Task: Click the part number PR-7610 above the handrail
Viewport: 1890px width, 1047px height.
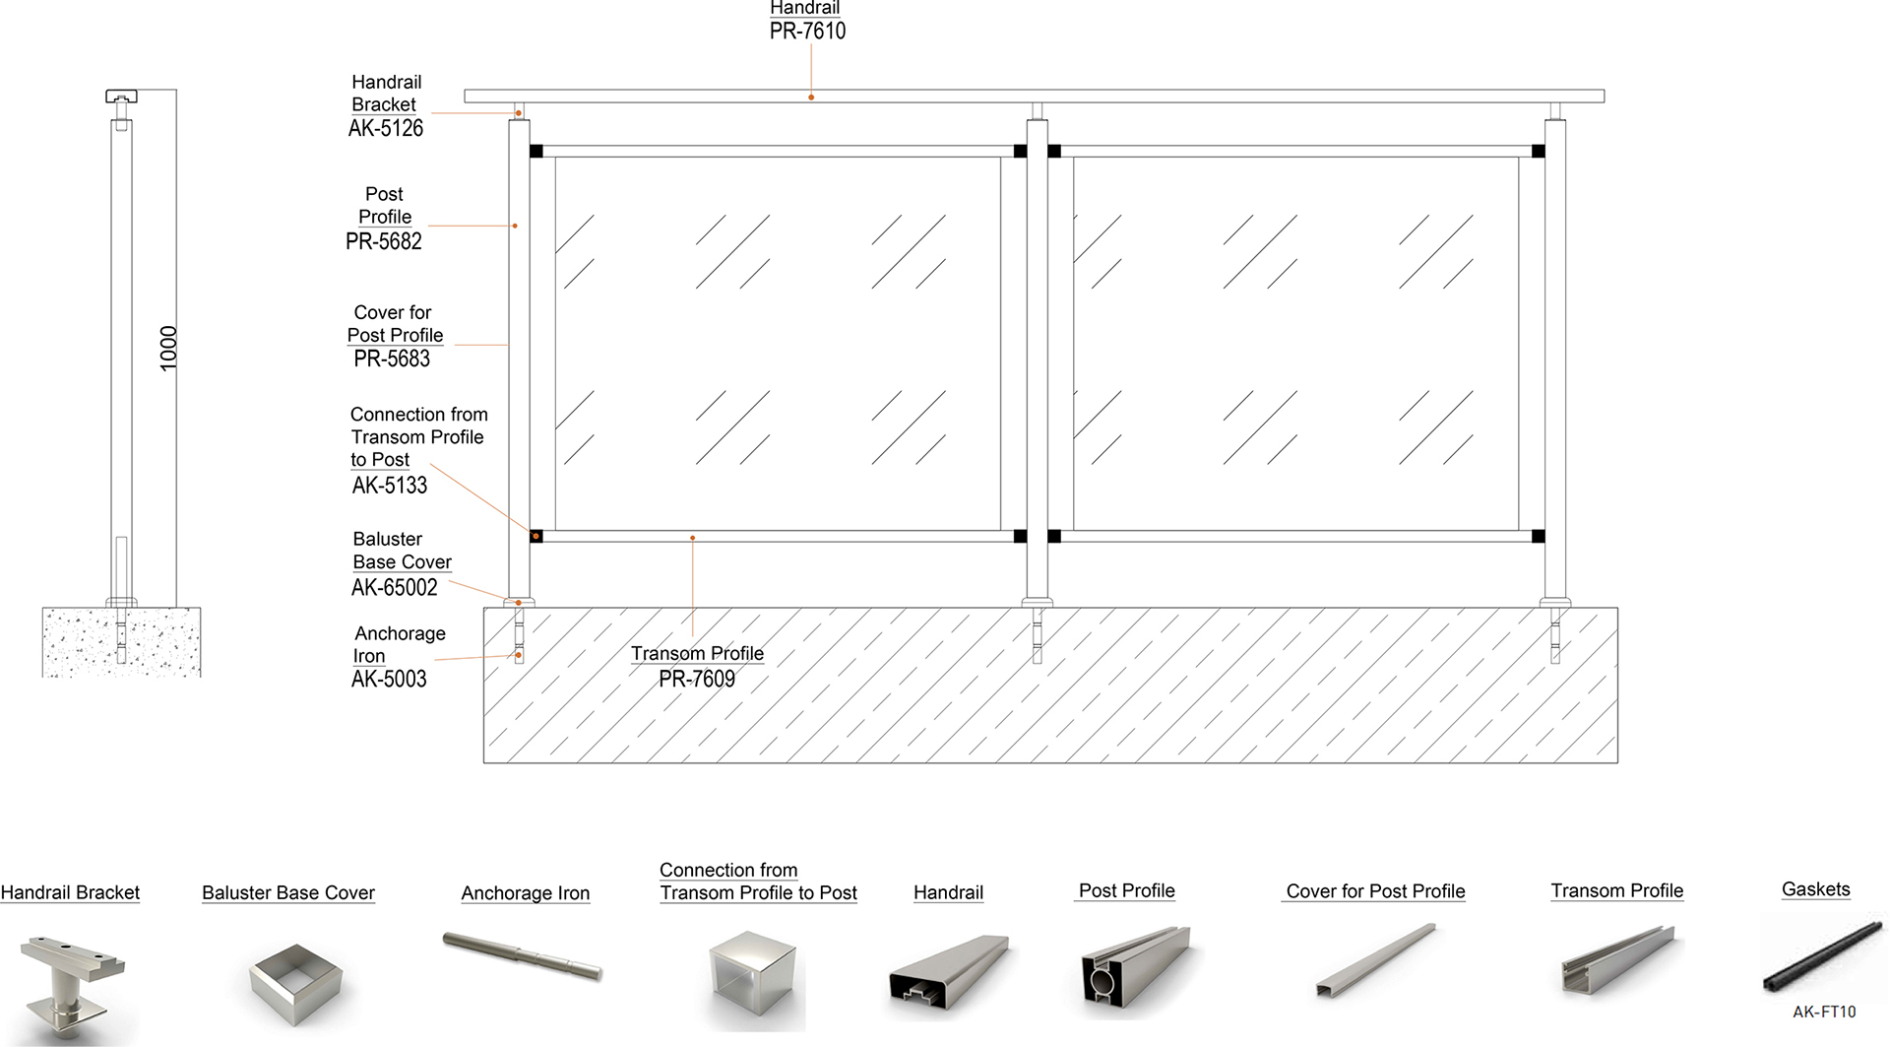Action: coord(807,32)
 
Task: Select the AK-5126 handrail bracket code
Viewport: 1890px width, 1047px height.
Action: coord(386,128)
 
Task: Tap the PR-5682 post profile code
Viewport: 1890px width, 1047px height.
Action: coord(384,241)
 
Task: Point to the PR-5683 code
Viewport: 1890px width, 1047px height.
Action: coord(392,359)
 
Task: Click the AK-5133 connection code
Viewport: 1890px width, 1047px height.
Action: coord(390,486)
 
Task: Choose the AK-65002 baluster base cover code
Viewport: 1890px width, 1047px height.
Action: coord(395,588)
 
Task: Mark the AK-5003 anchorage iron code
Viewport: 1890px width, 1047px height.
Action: coord(389,679)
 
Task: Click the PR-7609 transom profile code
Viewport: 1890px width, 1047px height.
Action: coord(697,679)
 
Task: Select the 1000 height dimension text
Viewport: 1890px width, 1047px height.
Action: coord(168,349)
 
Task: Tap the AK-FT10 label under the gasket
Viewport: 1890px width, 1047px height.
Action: coord(1824,1012)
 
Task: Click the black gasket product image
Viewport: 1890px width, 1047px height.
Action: coord(1823,956)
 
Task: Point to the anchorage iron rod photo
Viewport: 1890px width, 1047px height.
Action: coord(522,955)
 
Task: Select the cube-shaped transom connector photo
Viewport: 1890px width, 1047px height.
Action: coord(753,979)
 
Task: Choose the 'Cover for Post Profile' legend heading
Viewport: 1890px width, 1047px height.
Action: coord(1375,891)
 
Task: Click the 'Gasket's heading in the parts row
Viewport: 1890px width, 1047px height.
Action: coord(1815,889)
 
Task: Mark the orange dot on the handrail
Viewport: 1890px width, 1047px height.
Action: coord(811,98)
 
